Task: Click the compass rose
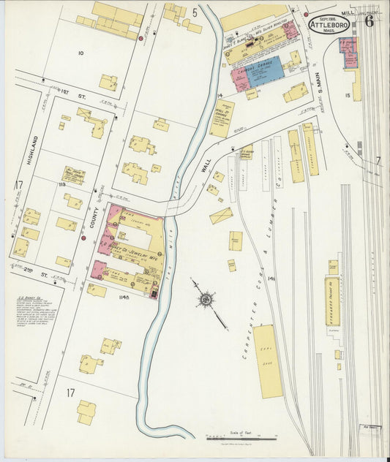(206, 299)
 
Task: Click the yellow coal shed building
(268, 361)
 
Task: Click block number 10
(80, 53)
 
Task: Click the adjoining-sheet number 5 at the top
(195, 12)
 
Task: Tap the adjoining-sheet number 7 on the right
(378, 160)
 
